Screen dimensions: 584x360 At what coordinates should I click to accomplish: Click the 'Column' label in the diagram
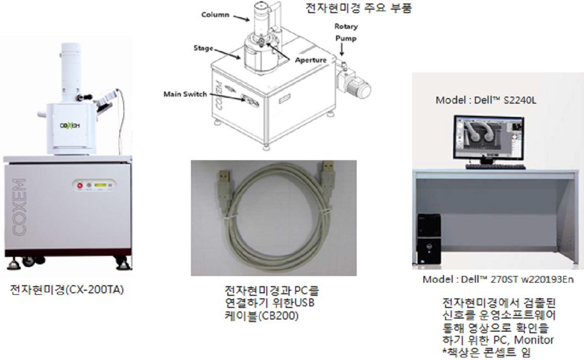[215, 15]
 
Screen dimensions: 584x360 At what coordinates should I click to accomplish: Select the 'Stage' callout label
[204, 48]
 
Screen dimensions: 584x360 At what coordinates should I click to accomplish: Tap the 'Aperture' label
[310, 60]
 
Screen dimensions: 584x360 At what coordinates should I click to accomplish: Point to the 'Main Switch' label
[185, 94]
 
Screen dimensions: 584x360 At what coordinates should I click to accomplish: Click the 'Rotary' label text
[346, 26]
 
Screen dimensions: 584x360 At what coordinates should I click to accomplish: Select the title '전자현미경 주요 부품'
[359, 8]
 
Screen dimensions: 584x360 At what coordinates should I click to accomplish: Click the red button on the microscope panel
[80, 185]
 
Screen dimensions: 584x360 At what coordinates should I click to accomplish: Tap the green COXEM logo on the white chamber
[70, 125]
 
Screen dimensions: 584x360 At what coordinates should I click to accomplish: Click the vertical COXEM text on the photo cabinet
[19, 207]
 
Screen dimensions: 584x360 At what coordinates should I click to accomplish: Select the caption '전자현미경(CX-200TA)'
[67, 290]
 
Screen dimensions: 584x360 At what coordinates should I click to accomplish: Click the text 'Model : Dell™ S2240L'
[486, 100]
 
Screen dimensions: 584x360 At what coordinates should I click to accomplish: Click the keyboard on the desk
[496, 166]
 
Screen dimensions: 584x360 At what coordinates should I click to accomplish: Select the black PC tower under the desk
[429, 239]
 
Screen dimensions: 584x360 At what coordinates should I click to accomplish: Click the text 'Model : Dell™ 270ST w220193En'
[498, 280]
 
